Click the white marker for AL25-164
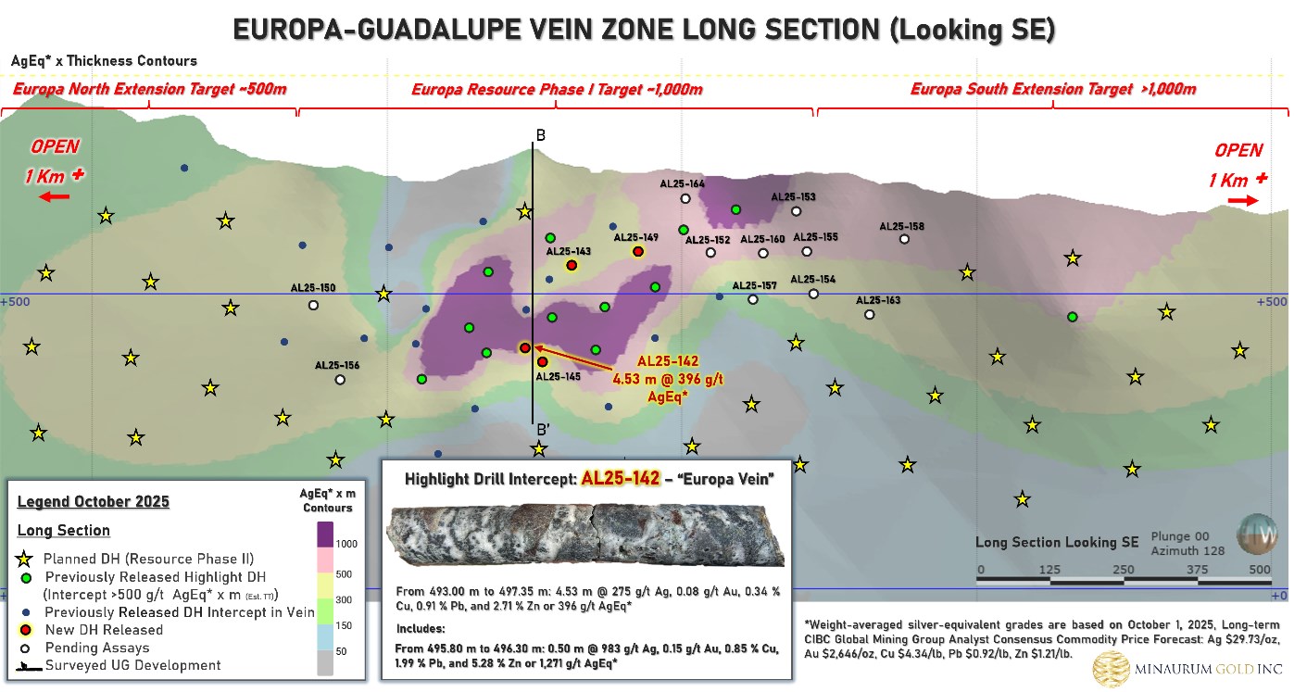click(685, 198)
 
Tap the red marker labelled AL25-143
click(572, 266)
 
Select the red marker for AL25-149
click(638, 251)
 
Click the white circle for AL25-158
click(904, 239)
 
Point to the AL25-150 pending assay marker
click(314, 305)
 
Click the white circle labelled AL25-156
click(340, 379)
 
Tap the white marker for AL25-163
click(869, 314)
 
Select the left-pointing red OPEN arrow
click(54, 197)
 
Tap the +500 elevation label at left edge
click(16, 302)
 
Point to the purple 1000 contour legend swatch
click(325, 535)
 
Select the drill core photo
click(585, 535)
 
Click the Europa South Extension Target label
click(1053, 90)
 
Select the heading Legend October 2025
click(93, 502)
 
